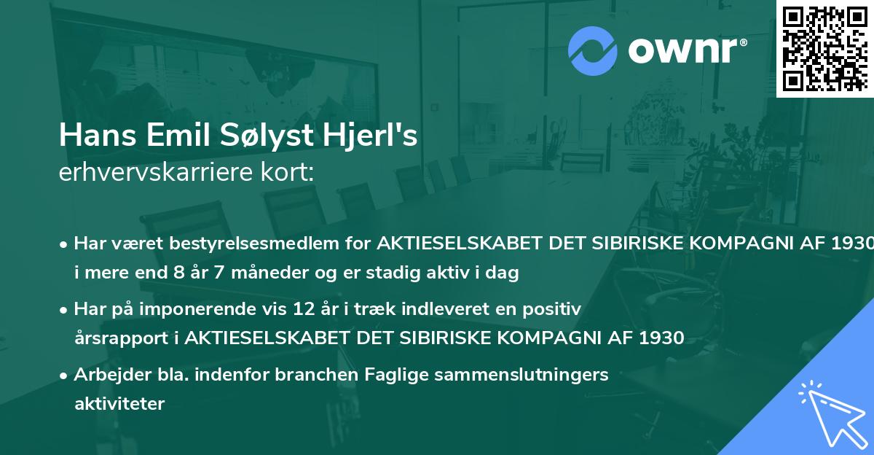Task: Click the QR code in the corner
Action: (824, 48)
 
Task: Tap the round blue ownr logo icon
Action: (592, 51)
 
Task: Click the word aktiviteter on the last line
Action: (119, 403)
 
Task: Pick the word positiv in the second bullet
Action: (556, 308)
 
